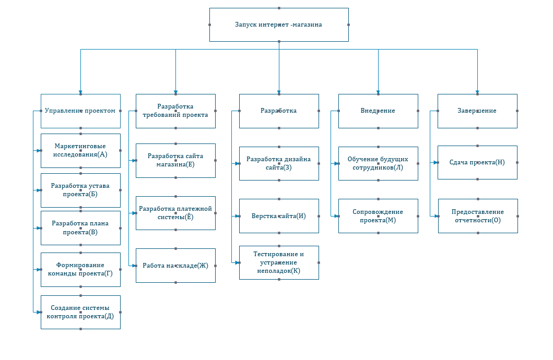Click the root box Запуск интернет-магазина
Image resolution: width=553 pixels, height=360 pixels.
tap(279, 25)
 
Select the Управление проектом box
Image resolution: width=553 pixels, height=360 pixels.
tap(80, 111)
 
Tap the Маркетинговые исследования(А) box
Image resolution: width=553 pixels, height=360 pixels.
tap(80, 151)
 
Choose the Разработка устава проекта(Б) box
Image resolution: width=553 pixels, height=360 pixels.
tap(80, 190)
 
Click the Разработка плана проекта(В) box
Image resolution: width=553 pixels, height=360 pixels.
tap(80, 228)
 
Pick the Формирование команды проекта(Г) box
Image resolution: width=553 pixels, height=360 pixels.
tap(80, 269)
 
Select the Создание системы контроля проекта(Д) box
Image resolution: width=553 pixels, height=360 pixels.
tap(80, 312)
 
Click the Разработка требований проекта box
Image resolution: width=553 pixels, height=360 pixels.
tap(175, 111)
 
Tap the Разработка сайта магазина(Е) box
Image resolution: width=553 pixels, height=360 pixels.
tap(175, 161)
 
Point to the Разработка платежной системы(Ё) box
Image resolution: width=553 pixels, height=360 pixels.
tap(175, 213)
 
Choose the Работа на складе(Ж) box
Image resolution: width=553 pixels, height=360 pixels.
tap(175, 266)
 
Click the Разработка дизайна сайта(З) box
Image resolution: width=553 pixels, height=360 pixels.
tap(279, 163)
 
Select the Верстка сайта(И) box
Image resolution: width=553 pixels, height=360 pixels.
tap(279, 216)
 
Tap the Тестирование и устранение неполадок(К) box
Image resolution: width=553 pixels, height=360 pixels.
tap(279, 263)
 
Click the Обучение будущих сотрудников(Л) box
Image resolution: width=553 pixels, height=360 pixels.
tap(378, 163)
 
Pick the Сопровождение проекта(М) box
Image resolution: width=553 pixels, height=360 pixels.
tap(378, 216)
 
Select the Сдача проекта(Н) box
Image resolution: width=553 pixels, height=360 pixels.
tap(477, 162)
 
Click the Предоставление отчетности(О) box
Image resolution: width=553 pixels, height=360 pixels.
tap(478, 216)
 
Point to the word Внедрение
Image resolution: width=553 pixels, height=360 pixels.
tap(378, 111)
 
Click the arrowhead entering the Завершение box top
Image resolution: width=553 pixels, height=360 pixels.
tap(477, 92)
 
